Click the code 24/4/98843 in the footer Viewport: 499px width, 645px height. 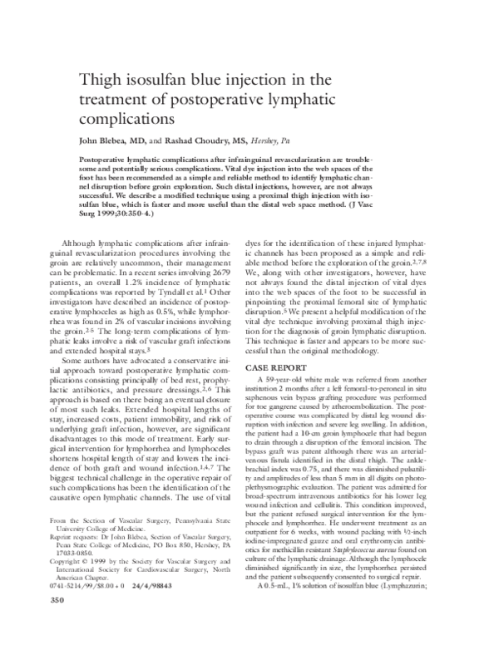[x=161, y=608]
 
